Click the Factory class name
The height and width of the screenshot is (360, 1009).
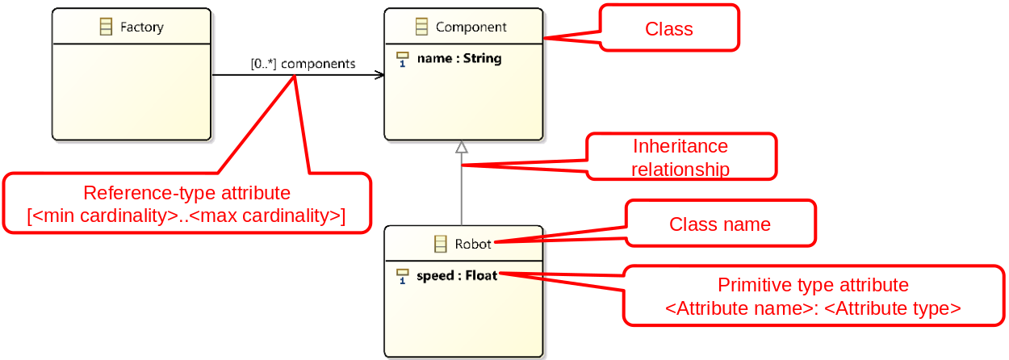pyautogui.click(x=141, y=27)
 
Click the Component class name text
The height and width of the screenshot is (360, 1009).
pyautogui.click(x=471, y=27)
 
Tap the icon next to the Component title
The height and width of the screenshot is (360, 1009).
pyautogui.click(x=421, y=27)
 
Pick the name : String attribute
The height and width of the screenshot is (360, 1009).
pyautogui.click(x=458, y=59)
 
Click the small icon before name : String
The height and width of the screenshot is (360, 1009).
pyautogui.click(x=403, y=59)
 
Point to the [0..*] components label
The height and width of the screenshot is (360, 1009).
pyautogui.click(x=303, y=64)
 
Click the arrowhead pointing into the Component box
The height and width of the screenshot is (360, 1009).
pyautogui.click(x=379, y=76)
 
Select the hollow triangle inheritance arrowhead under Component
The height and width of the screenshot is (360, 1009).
pyautogui.click(x=461, y=147)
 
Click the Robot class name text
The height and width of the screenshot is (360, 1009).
pyautogui.click(x=473, y=244)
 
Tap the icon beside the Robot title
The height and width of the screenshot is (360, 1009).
pyautogui.click(x=441, y=244)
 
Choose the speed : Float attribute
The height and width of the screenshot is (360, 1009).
pyautogui.click(x=457, y=276)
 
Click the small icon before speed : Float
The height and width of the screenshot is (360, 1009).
pyautogui.click(x=403, y=276)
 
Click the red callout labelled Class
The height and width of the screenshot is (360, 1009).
pyautogui.click(x=668, y=29)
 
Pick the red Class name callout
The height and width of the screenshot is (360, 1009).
pyautogui.click(x=719, y=224)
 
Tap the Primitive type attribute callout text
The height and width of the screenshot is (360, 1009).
pyautogui.click(x=813, y=285)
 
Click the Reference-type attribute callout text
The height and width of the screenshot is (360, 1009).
pyautogui.click(x=186, y=193)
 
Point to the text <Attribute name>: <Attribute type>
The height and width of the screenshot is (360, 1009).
pyautogui.click(x=813, y=308)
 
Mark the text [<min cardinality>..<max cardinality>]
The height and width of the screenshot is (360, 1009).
pyautogui.click(x=186, y=216)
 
